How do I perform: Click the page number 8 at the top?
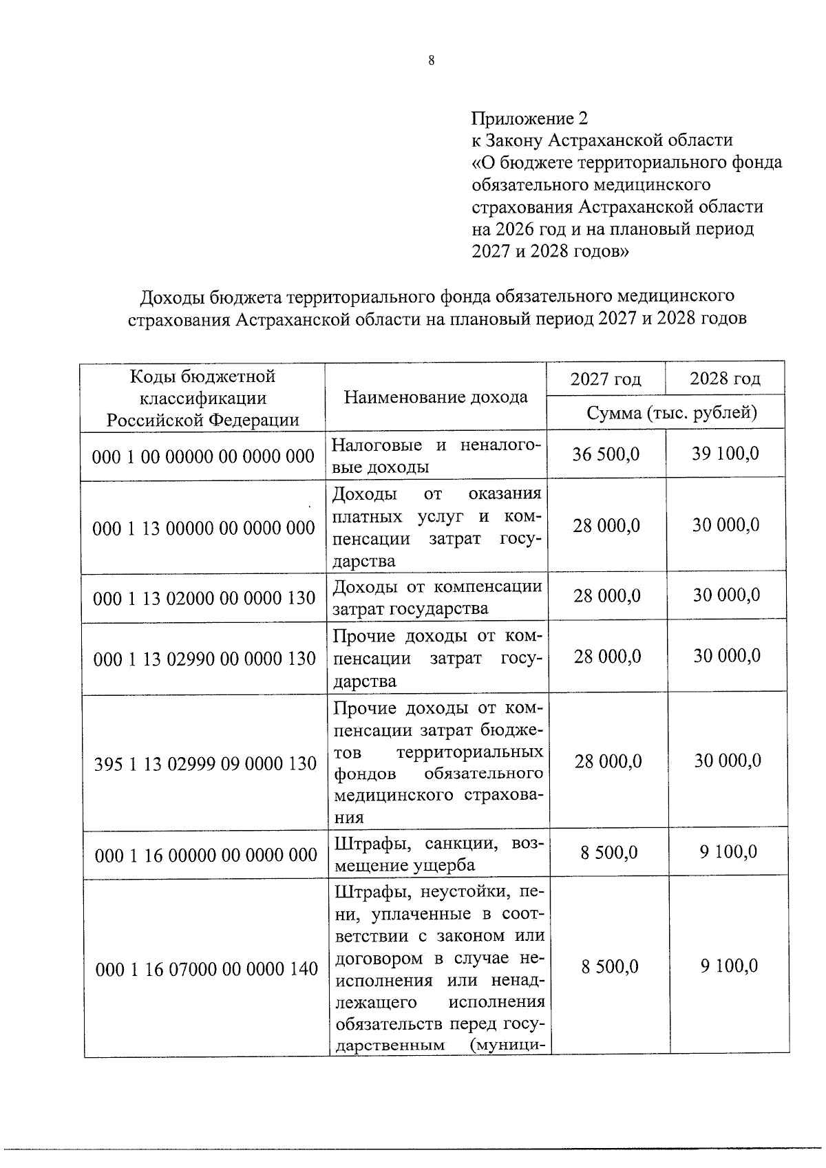pyautogui.click(x=431, y=61)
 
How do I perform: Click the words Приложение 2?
pyautogui.click(x=529, y=118)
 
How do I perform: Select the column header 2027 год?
pyautogui.click(x=606, y=379)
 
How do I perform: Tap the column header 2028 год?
pyautogui.click(x=725, y=379)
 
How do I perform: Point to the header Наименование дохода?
pyautogui.click(x=436, y=397)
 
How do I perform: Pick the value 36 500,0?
pyautogui.click(x=606, y=454)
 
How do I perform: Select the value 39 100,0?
pyautogui.click(x=726, y=454)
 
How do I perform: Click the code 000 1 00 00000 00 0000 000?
pyautogui.click(x=203, y=456)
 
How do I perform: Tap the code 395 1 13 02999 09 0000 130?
pyautogui.click(x=205, y=763)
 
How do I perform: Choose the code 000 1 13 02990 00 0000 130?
pyautogui.click(x=204, y=659)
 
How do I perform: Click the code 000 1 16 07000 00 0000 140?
pyautogui.click(x=206, y=969)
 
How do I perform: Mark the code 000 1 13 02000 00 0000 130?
pyautogui.click(x=204, y=597)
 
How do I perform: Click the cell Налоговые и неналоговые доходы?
pyautogui.click(x=436, y=456)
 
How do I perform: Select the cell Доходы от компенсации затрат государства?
pyautogui.click(x=437, y=597)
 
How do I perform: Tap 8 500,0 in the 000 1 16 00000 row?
pyautogui.click(x=609, y=853)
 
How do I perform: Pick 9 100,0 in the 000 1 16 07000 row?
pyautogui.click(x=729, y=966)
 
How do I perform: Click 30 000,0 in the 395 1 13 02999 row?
pyautogui.click(x=728, y=761)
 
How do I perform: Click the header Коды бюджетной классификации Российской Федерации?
pyautogui.click(x=202, y=398)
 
